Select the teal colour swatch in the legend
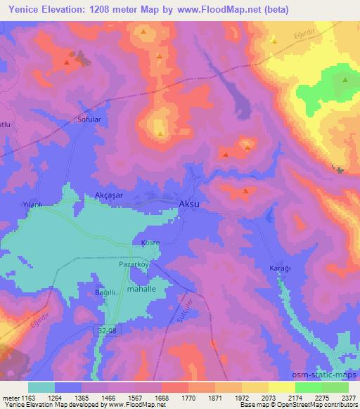click(41, 387)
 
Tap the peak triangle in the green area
click(345, 80)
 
